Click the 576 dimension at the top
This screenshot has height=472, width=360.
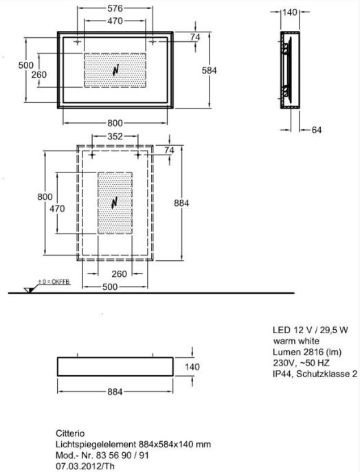(115, 8)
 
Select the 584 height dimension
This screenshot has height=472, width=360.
(209, 71)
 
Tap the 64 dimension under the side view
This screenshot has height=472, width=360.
(316, 130)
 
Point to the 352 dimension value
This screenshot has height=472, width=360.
(115, 136)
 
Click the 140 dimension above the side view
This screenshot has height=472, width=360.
(289, 12)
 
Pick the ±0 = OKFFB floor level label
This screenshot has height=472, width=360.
(54, 282)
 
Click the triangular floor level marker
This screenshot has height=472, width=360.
(29, 290)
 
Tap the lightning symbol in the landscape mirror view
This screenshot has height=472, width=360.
(115, 71)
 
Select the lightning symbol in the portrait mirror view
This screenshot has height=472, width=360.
(115, 203)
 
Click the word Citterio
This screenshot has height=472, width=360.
(70, 434)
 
